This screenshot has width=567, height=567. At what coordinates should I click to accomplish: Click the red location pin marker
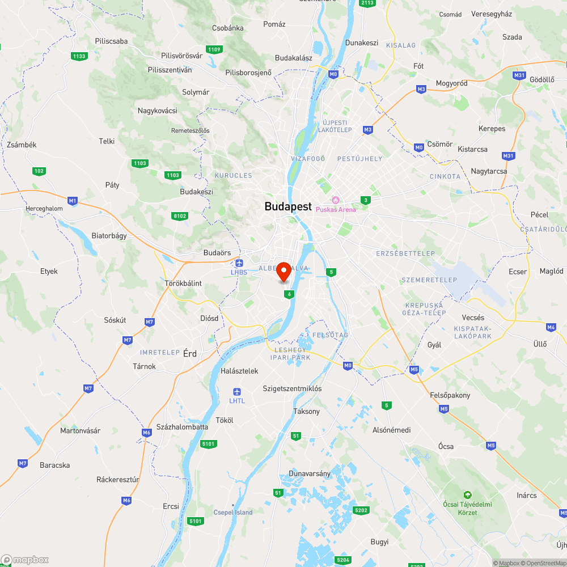(x=284, y=272)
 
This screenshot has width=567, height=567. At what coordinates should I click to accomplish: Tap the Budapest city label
(x=288, y=207)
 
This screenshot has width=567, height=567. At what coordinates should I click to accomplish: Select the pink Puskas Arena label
(x=336, y=210)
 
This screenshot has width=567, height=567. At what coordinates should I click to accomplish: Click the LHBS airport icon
(x=239, y=263)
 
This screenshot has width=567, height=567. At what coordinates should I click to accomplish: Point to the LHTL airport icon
(x=237, y=392)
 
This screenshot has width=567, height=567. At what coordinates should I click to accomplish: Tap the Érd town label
(x=189, y=353)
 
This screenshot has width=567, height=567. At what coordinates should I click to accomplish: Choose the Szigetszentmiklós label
(x=292, y=389)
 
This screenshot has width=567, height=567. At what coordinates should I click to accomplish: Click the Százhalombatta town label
(x=182, y=427)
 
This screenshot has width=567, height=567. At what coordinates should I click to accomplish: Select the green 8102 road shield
(x=180, y=215)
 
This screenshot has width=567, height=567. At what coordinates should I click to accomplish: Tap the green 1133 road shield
(x=79, y=56)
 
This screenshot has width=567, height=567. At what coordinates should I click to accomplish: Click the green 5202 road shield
(x=361, y=510)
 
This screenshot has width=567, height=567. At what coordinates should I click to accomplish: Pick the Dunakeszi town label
(x=362, y=43)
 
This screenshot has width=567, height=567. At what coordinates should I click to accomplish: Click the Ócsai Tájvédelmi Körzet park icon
(x=468, y=494)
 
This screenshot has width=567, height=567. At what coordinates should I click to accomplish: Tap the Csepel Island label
(x=233, y=513)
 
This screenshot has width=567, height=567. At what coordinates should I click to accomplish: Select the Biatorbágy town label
(x=109, y=235)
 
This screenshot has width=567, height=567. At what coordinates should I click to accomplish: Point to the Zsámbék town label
(x=22, y=145)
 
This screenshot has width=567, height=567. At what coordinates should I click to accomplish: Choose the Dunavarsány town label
(x=310, y=473)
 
